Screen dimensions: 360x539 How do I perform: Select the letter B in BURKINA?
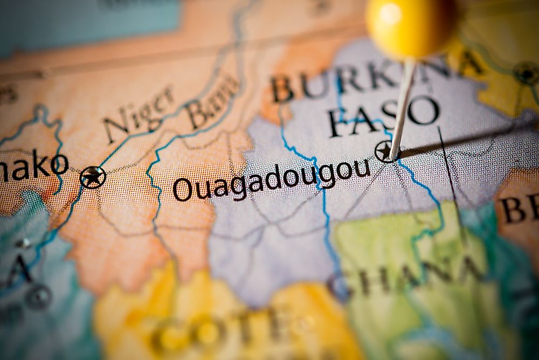(282, 89)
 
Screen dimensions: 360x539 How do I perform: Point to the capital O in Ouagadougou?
(183, 190)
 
